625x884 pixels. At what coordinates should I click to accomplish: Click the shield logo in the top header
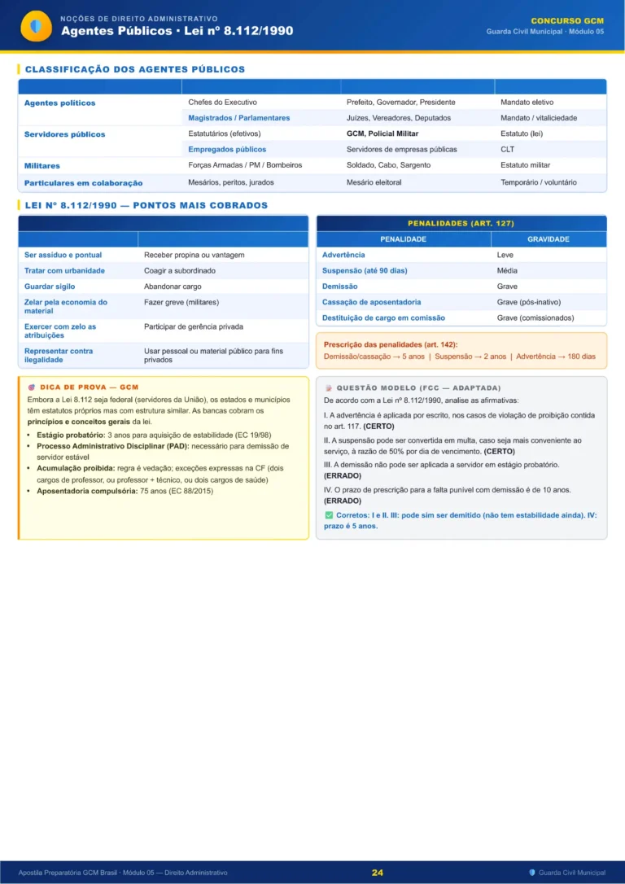pyautogui.click(x=35, y=26)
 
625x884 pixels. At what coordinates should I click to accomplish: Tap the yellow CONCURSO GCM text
pyautogui.click(x=567, y=20)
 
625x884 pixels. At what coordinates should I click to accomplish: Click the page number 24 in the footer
pyautogui.click(x=378, y=872)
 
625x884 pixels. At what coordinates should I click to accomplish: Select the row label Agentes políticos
pyautogui.click(x=59, y=103)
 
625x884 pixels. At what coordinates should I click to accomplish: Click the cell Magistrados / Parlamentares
pyautogui.click(x=238, y=118)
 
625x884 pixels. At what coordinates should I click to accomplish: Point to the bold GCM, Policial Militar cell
pyautogui.click(x=382, y=133)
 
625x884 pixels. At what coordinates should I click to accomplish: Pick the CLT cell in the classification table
pyautogui.click(x=507, y=150)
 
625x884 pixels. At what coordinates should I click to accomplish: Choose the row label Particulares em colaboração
pyautogui.click(x=83, y=183)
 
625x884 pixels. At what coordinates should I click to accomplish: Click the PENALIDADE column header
pyautogui.click(x=403, y=239)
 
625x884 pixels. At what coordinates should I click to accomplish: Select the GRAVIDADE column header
pyautogui.click(x=548, y=239)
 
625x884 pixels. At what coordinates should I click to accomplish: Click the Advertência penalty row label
pyautogui.click(x=343, y=255)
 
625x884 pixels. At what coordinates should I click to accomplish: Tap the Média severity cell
pyautogui.click(x=507, y=270)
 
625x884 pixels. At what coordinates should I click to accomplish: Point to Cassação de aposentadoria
pyautogui.click(x=371, y=302)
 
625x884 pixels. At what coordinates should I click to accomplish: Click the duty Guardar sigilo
pyautogui.click(x=50, y=287)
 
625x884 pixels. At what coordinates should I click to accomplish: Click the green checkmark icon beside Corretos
pyautogui.click(x=328, y=516)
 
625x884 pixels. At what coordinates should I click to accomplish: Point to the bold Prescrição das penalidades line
pyautogui.click(x=391, y=344)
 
